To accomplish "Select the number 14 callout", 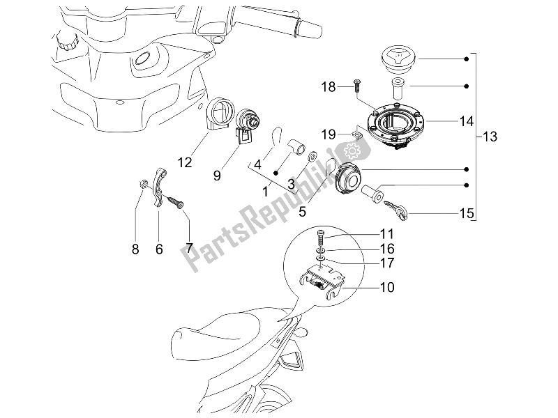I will (446, 121).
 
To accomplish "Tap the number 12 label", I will (184, 163).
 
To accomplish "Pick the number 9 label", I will (216, 176).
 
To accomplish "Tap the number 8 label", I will (135, 249).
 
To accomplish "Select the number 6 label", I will (159, 249).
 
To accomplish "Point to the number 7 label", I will (188, 249).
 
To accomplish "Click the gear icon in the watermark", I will (352, 148).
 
